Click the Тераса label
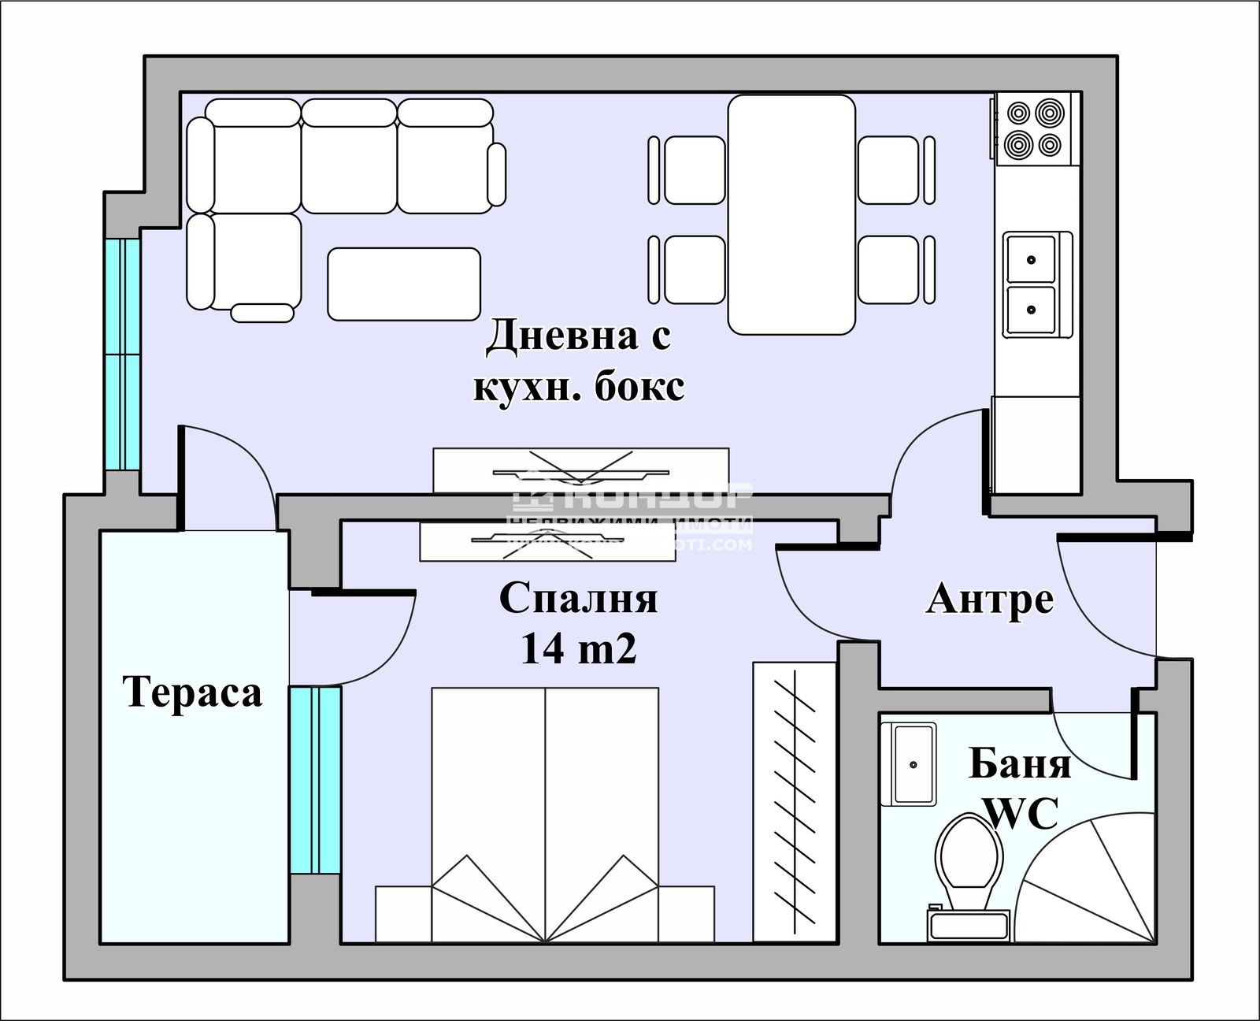193,692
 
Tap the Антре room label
990,599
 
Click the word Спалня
578,598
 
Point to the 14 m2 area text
578,650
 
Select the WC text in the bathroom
1021,814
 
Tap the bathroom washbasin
913,764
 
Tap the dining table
791,214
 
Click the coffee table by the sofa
404,284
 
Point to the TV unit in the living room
581,470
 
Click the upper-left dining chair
694,170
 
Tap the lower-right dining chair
888,269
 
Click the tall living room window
123,355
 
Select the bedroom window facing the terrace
315,780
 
